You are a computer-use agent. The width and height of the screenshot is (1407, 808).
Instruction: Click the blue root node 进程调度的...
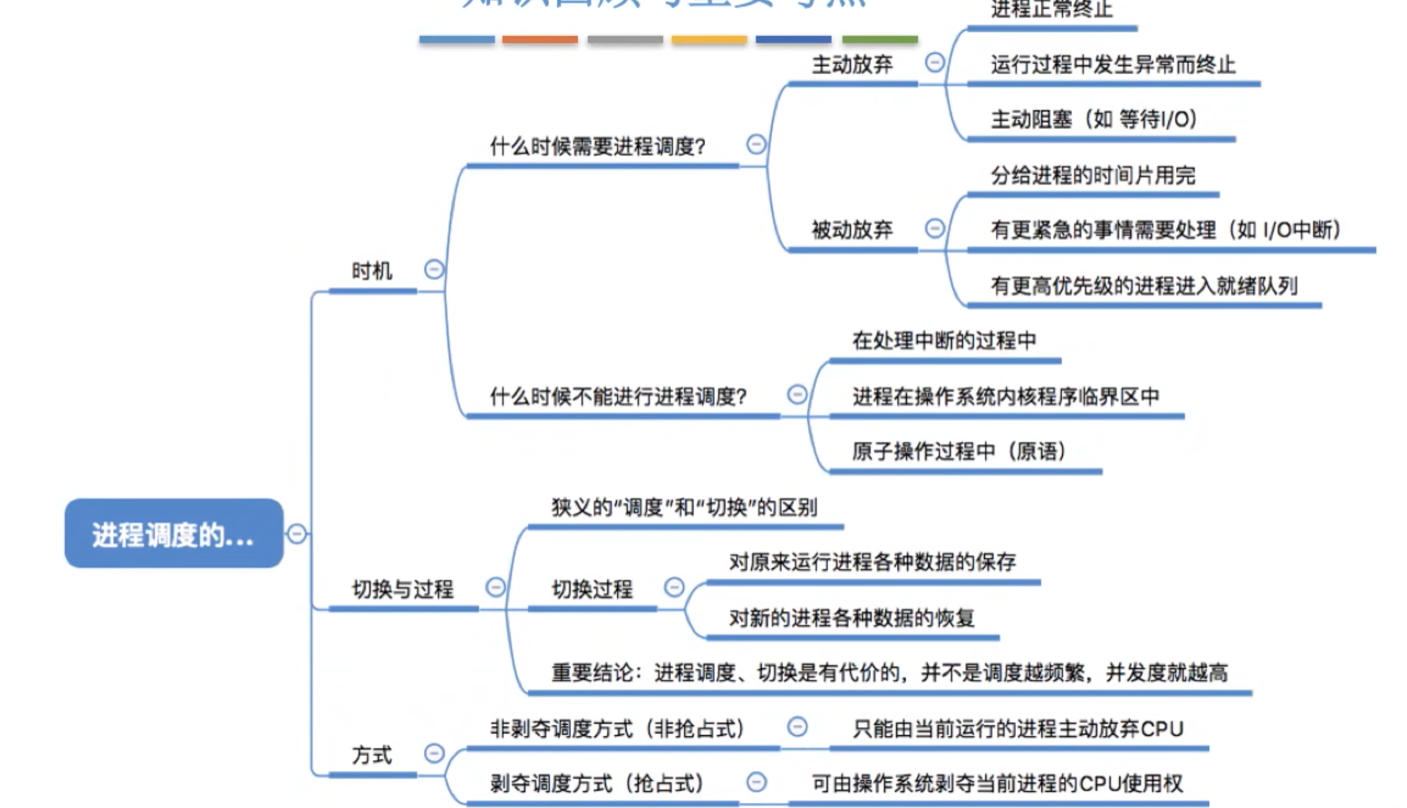[x=174, y=533]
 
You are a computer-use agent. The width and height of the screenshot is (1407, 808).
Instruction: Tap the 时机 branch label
[x=371, y=271]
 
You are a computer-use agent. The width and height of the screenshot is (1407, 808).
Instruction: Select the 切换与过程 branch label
[x=403, y=589]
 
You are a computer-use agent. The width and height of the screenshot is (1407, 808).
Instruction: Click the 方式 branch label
[x=371, y=755]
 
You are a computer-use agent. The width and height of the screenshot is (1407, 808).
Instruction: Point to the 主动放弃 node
[x=852, y=64]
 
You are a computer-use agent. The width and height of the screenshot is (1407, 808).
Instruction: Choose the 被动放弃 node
[x=852, y=230]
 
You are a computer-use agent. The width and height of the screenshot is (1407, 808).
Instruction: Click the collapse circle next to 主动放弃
[x=935, y=62]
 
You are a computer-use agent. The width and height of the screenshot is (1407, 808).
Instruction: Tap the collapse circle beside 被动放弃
[x=935, y=228]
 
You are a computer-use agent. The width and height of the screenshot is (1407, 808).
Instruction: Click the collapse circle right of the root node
[x=297, y=533]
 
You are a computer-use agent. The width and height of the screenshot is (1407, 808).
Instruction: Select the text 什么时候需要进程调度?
[x=598, y=146]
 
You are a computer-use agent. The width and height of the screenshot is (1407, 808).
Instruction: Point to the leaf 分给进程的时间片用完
[x=1093, y=175]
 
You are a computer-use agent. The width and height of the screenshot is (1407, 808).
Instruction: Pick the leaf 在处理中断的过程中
[x=944, y=340]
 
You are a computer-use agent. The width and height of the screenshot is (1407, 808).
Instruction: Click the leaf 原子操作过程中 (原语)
[x=959, y=451]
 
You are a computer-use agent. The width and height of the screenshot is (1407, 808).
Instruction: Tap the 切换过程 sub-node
[x=592, y=589]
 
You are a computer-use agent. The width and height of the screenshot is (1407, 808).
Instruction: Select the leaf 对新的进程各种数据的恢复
[x=851, y=617]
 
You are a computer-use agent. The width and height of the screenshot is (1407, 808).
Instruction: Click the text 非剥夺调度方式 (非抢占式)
[x=617, y=729]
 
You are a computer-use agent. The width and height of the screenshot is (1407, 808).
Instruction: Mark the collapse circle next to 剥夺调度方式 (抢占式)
[x=756, y=781]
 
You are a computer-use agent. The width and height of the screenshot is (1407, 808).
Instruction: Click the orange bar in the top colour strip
[x=540, y=40]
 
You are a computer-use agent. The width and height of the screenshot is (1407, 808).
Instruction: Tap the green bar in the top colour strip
[x=879, y=40]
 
